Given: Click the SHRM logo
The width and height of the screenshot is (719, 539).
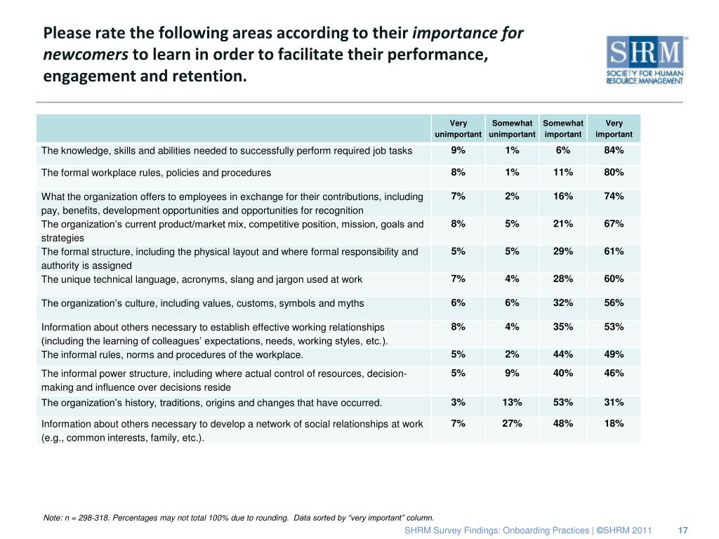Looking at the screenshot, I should click(645, 60).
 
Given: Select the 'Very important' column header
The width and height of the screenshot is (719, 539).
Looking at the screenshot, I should click(614, 128).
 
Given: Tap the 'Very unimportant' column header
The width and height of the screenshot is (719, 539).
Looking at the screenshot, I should click(459, 128).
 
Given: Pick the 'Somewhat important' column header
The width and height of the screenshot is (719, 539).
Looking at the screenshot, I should click(563, 128).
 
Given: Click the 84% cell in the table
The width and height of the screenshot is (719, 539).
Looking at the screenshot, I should click(614, 150).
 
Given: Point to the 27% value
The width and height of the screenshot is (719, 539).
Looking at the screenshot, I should click(512, 423).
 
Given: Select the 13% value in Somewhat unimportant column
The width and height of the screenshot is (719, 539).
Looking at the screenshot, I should click(512, 402).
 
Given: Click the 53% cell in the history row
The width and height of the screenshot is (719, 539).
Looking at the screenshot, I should click(563, 402).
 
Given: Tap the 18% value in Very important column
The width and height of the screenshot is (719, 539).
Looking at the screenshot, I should click(614, 423).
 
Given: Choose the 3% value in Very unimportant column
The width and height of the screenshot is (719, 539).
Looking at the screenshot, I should click(459, 402).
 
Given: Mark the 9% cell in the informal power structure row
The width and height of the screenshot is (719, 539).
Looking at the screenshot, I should click(512, 373).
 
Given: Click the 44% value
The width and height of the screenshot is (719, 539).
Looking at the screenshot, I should click(563, 354).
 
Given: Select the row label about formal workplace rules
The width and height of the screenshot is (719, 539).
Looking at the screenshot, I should click(156, 173).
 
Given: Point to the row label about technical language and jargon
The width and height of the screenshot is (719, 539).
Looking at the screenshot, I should click(202, 279).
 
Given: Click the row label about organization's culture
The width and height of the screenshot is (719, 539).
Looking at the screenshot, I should click(202, 303).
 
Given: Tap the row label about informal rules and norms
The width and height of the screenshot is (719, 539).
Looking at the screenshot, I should click(172, 354).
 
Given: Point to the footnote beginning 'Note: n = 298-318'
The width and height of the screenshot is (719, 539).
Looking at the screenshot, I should click(239, 517).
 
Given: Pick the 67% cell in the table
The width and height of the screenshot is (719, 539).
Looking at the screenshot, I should click(614, 224).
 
